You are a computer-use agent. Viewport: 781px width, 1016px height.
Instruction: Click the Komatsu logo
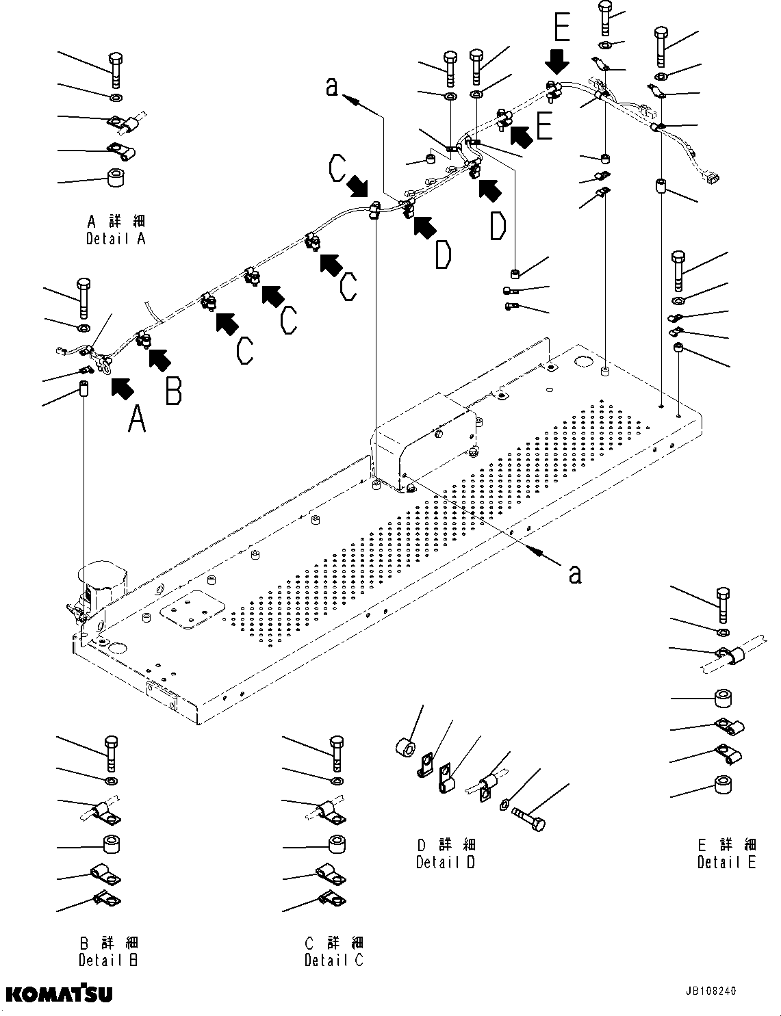[60, 993]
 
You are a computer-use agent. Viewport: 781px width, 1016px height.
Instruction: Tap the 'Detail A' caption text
[116, 239]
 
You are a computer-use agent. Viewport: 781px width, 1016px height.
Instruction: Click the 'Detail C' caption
[334, 960]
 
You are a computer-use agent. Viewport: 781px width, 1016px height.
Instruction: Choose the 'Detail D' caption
[446, 862]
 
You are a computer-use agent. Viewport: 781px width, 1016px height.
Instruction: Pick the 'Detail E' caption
[726, 862]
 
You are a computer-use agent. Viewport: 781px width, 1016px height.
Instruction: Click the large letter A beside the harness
[137, 418]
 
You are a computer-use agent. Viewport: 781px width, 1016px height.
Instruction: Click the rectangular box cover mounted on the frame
[423, 442]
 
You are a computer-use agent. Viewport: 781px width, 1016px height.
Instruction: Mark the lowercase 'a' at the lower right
[575, 573]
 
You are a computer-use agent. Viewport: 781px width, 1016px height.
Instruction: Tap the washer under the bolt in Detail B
[111, 781]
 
